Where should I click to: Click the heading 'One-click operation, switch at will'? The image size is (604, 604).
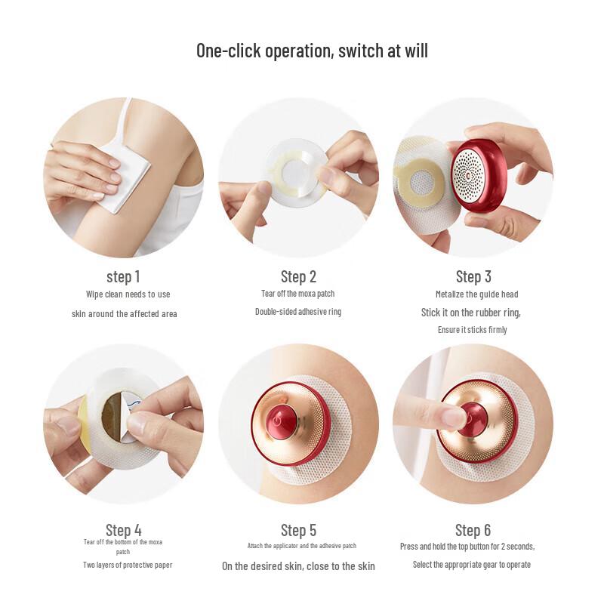click(312, 51)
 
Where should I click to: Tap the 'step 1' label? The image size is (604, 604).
click(123, 276)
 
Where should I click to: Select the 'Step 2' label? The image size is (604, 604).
click(298, 276)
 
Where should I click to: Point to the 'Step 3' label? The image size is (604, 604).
click(473, 276)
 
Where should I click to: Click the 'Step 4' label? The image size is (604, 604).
click(124, 530)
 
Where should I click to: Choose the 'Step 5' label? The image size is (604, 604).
click(298, 530)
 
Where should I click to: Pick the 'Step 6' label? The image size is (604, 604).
click(473, 530)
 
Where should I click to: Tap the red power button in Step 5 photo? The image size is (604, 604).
click(282, 422)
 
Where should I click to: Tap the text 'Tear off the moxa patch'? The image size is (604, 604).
click(297, 294)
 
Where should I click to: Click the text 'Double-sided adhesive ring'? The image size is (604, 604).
click(298, 311)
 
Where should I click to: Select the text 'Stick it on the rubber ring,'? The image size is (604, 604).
click(470, 313)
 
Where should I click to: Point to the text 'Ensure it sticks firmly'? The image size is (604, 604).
click(473, 330)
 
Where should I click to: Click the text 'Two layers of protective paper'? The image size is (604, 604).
click(128, 565)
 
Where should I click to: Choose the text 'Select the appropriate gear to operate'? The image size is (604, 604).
click(471, 565)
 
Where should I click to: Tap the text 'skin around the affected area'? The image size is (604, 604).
click(125, 314)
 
